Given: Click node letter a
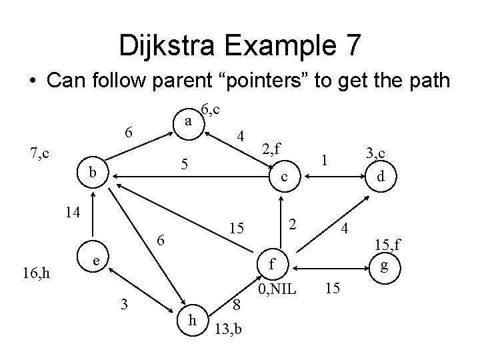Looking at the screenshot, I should pos(189,121).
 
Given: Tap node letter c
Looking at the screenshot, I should pos(284,177).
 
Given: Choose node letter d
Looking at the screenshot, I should pos(380,177).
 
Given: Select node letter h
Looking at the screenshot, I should pos(192,320).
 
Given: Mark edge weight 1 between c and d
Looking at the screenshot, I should pos(325,160).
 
